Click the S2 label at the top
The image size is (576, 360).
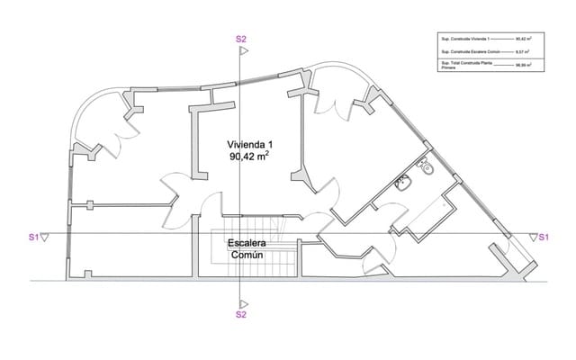coord(240,40)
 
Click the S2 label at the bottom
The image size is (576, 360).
coord(240,315)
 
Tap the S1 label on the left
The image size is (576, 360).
coord(32,238)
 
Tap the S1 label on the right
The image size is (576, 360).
coord(544,238)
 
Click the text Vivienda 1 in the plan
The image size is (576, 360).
coord(249,143)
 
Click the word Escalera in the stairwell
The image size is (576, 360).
coord(247,244)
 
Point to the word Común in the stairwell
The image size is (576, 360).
coord(247,256)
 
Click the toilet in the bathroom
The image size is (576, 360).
coord(428,167)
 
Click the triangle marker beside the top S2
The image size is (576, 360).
coord(241,52)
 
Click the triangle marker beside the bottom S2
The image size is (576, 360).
coord(241,302)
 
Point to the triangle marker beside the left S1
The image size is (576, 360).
coord(46,237)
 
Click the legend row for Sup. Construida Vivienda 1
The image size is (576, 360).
coord(486,40)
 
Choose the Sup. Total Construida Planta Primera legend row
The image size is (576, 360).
coord(486,66)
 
